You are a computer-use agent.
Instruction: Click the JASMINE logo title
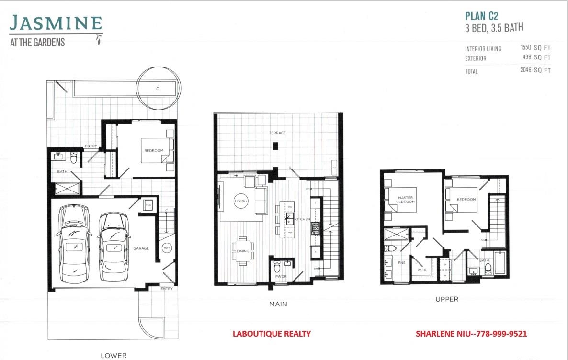point(56,23)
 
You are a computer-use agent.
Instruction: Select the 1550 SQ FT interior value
point(535,48)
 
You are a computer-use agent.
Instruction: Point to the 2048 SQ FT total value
point(535,71)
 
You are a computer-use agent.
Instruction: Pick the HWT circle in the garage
point(167,248)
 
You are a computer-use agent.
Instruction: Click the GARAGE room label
point(141,248)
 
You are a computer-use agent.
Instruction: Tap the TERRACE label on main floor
point(277,133)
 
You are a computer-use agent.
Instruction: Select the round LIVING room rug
point(241,201)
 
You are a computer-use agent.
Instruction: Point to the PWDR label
point(280,277)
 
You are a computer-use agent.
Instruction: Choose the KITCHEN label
point(303,219)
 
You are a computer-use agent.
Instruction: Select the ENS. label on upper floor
point(401,262)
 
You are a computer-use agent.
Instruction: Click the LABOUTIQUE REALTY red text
point(272,334)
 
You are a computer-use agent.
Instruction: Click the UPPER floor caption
point(446,299)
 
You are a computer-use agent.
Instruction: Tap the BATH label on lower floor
point(62,171)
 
